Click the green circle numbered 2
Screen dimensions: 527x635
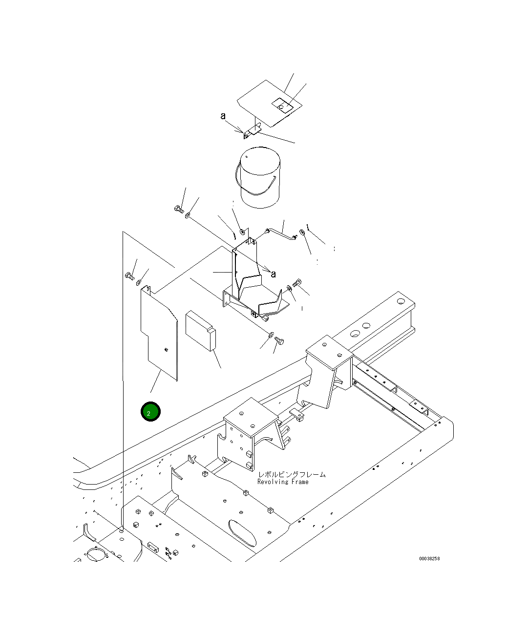[150, 411]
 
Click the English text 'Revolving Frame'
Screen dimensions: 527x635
[283, 482]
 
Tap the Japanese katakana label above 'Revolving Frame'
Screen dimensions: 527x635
[292, 474]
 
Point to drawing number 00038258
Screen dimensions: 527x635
[429, 559]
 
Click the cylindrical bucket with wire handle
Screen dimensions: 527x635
[259, 178]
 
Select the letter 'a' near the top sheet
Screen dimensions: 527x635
[223, 116]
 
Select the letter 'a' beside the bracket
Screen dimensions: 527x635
[273, 275]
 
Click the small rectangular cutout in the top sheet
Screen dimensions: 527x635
[282, 106]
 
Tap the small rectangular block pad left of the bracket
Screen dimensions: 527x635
[200, 331]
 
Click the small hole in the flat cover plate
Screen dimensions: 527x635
[166, 349]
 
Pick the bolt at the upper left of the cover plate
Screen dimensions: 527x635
[129, 276]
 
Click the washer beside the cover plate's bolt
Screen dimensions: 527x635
[138, 282]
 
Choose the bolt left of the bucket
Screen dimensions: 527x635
[179, 210]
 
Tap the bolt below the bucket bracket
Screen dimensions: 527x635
[279, 340]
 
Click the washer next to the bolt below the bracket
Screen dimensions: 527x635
[271, 335]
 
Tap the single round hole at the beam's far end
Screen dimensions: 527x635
[401, 301]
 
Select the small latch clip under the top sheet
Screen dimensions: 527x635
[251, 132]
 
